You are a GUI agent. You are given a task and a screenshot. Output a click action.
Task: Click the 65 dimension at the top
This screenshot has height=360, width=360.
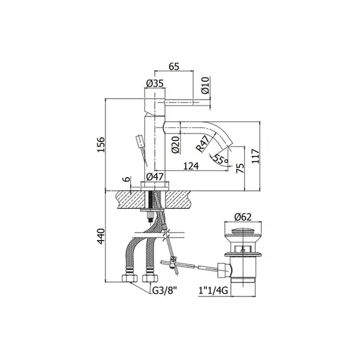click(174, 67)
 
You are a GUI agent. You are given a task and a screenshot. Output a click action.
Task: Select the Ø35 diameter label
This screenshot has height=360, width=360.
click(155, 83)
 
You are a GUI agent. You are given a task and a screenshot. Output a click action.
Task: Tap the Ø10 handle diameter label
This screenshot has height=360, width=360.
click(206, 85)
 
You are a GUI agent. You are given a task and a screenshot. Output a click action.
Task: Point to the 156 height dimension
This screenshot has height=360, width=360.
click(101, 145)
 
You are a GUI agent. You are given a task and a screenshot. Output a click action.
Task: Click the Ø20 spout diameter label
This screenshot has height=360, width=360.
click(176, 145)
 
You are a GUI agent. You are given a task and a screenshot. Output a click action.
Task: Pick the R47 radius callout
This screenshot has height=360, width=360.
click(203, 144)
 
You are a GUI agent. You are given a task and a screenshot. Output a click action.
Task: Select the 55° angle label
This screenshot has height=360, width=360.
click(220, 159)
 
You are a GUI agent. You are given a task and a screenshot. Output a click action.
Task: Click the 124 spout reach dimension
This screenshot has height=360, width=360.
click(191, 166)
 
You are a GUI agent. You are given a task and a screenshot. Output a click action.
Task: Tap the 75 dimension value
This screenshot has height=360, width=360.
click(240, 169)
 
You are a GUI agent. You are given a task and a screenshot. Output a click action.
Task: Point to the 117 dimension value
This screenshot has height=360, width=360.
click(256, 156)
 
